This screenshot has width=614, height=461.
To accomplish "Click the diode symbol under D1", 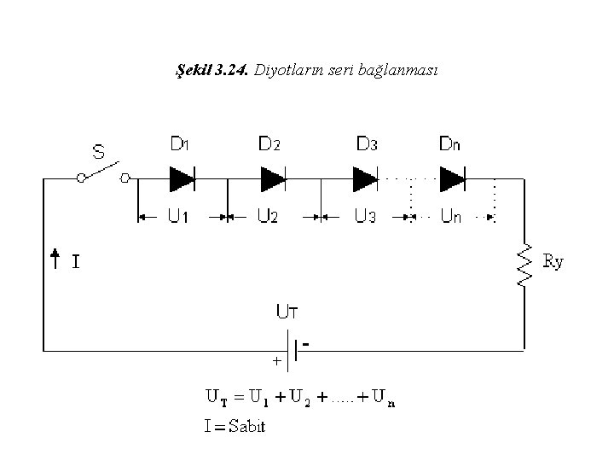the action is (x=182, y=178).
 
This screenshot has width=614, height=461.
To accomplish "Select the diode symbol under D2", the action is (x=273, y=178).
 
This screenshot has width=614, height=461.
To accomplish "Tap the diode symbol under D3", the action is (x=365, y=178).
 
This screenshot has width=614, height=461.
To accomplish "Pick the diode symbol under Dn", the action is (x=452, y=178).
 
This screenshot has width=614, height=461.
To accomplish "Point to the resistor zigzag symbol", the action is (x=524, y=265).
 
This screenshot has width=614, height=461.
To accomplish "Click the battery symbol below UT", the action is (x=293, y=351).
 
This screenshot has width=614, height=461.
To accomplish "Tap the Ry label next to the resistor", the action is (x=553, y=261).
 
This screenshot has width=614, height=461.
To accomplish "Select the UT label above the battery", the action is (x=287, y=312).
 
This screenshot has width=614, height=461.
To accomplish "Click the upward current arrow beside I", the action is (x=55, y=259).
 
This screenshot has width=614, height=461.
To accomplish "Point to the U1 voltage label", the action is (x=178, y=216).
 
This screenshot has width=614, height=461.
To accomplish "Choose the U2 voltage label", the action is (x=268, y=216).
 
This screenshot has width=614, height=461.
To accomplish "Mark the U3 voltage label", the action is (x=365, y=216).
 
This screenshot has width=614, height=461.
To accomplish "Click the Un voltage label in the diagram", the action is (x=451, y=216).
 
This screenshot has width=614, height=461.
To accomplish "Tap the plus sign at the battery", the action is (x=277, y=360).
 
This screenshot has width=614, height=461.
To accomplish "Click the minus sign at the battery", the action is (x=306, y=344).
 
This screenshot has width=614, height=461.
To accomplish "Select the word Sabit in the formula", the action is (x=246, y=426).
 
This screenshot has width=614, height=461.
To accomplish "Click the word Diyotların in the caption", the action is (x=289, y=70).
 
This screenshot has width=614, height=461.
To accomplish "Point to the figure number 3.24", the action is (x=231, y=70).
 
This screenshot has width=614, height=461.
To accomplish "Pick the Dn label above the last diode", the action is (x=449, y=144).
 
